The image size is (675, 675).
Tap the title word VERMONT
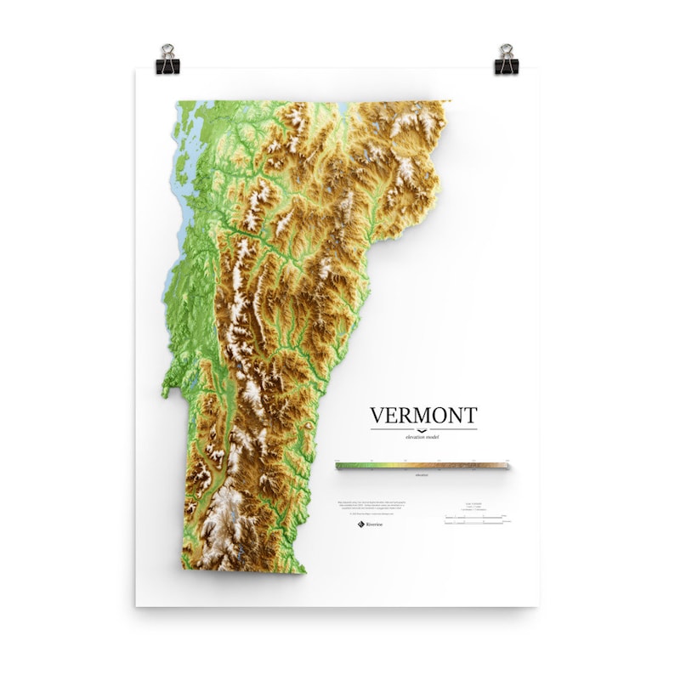(x=423, y=416)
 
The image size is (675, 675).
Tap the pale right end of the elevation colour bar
(x=503, y=466)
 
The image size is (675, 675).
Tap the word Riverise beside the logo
(x=372, y=525)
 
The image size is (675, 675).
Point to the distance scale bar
(x=474, y=518)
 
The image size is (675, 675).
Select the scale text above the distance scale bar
(x=474, y=507)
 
